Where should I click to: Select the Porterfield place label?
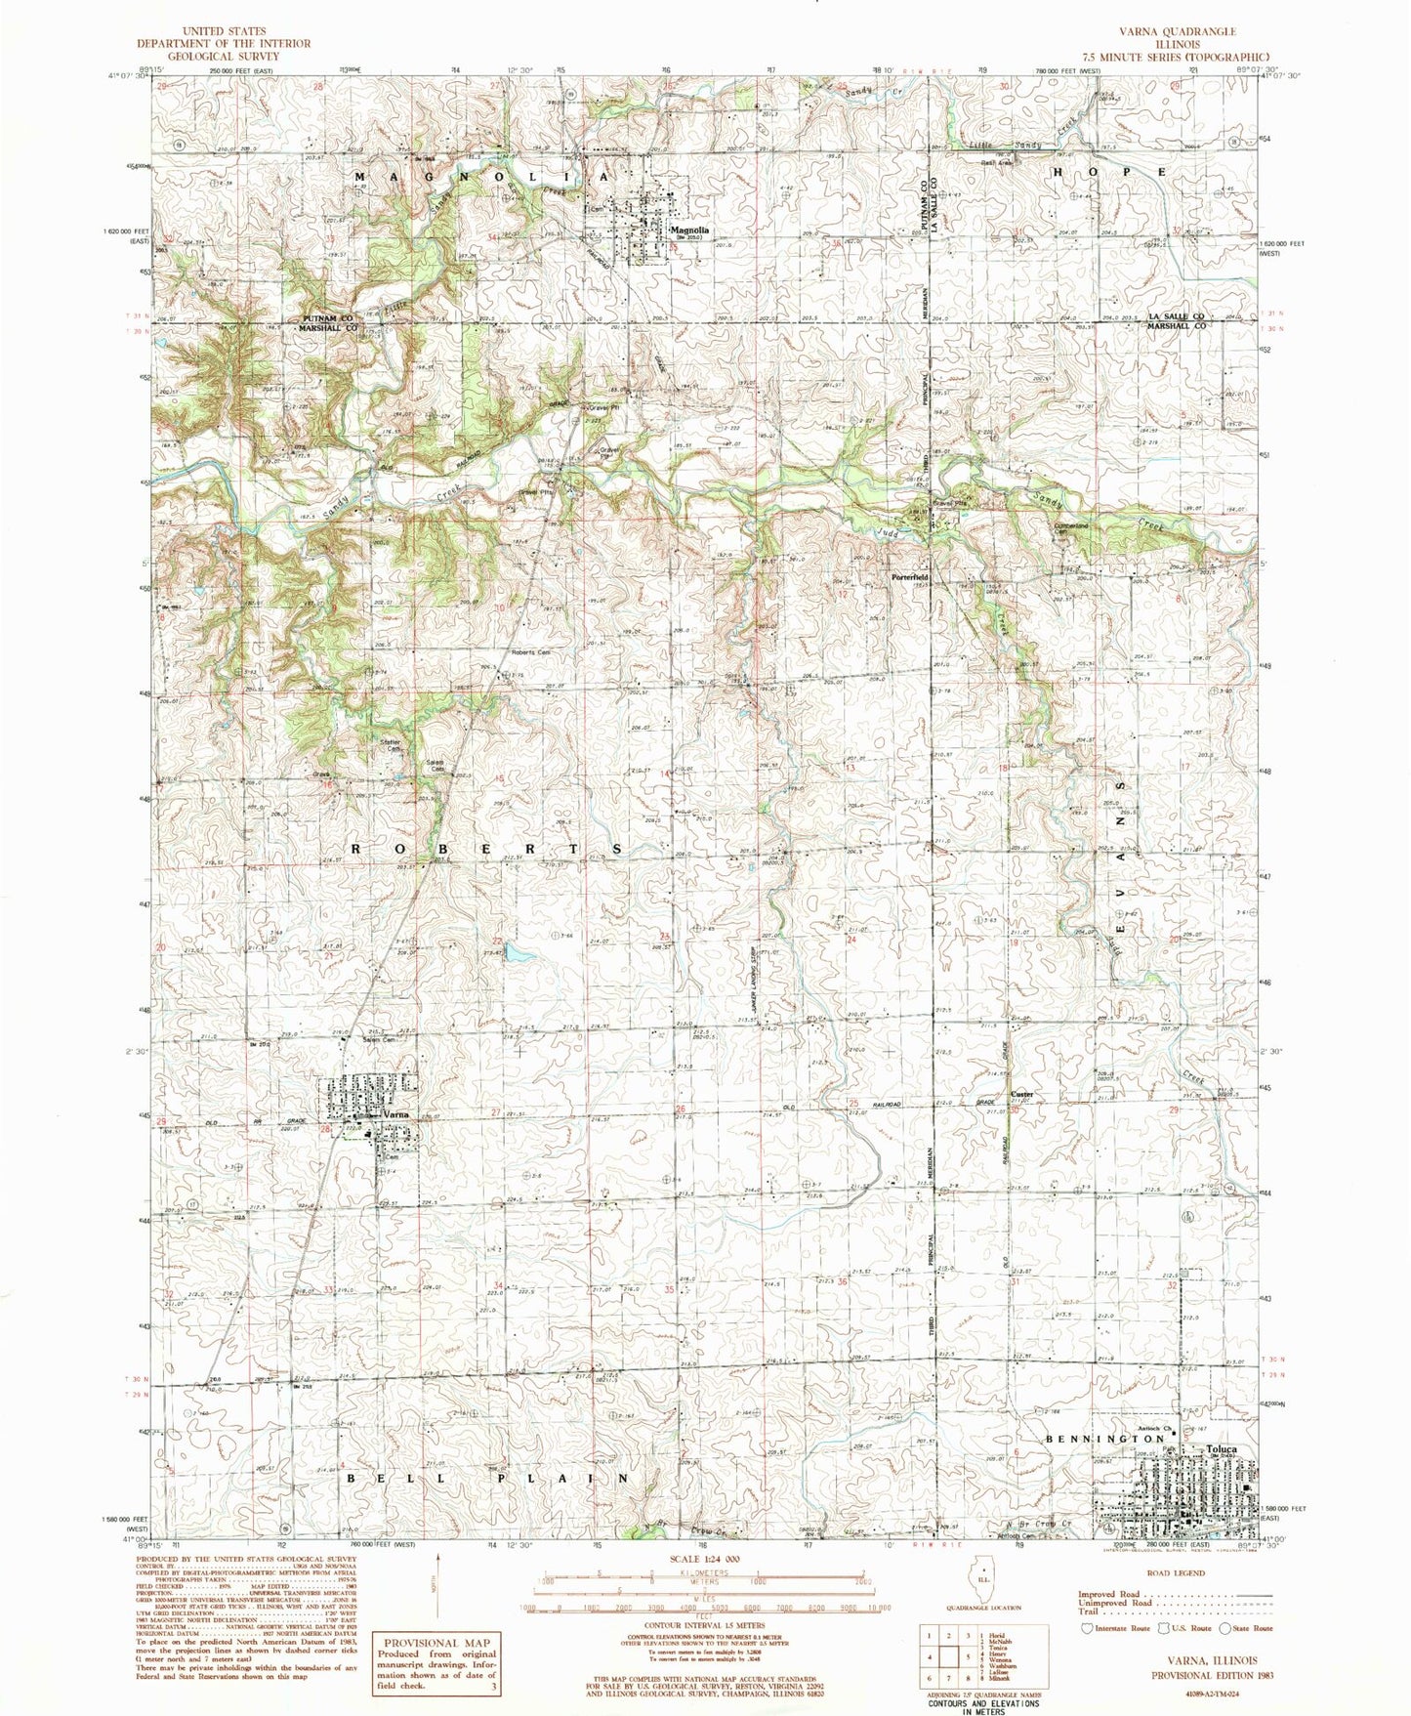pos(909,577)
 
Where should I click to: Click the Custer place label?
pos(1021,1094)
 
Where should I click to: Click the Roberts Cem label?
pos(531,652)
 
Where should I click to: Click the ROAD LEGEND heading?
pos(1177,1573)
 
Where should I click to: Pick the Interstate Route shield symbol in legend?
pos(1086,1628)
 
